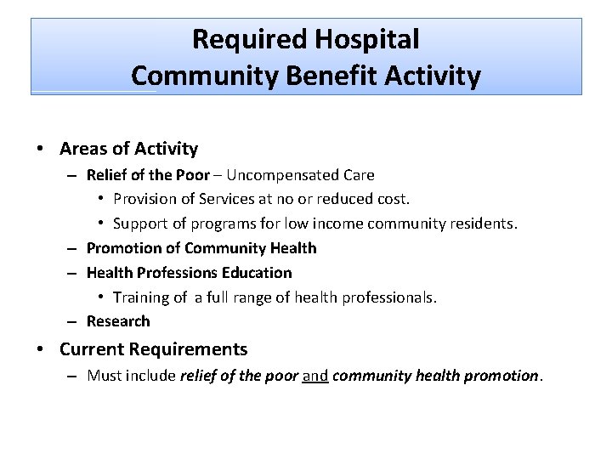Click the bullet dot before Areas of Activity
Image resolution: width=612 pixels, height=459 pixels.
point(41,149)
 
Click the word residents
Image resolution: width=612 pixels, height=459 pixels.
point(484,224)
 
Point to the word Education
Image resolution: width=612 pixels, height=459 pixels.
point(259,273)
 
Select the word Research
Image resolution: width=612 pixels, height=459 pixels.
point(118,321)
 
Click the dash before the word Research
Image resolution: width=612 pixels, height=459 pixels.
point(75,321)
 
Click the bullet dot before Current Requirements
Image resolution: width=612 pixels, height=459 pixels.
point(41,349)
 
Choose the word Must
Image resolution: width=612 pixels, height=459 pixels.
point(104,375)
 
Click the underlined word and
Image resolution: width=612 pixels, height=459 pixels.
point(315,375)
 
